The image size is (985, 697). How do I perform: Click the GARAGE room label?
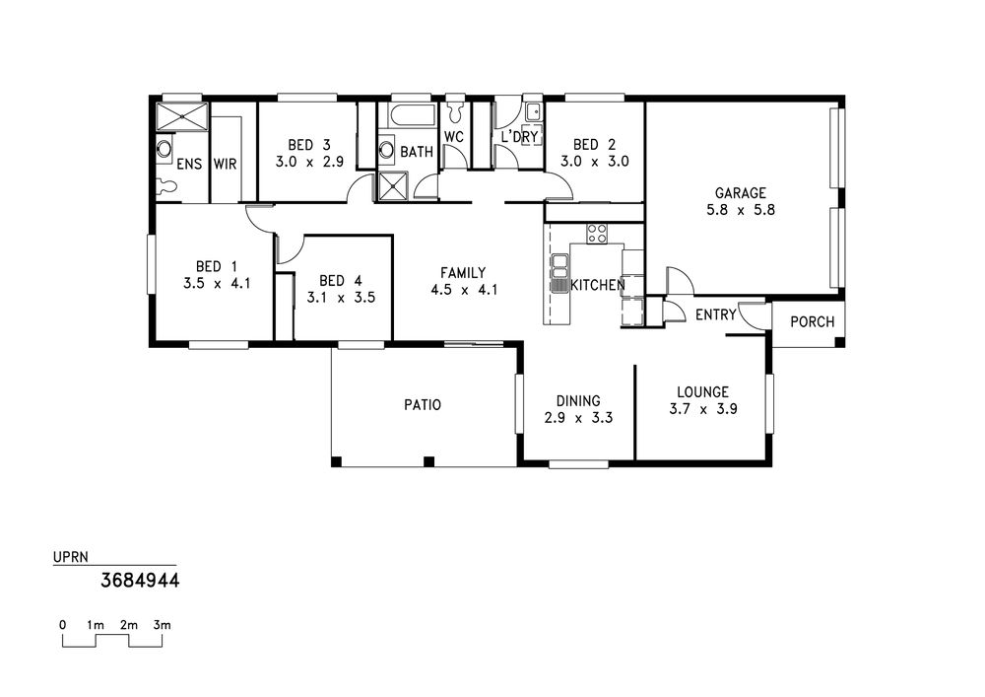pyautogui.click(x=741, y=193)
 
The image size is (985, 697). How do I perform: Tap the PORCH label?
pyautogui.click(x=813, y=321)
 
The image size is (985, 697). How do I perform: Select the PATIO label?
pyautogui.click(x=423, y=405)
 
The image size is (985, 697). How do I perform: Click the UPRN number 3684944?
pyautogui.click(x=140, y=580)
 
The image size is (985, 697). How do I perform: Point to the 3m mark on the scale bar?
pyautogui.click(x=163, y=625)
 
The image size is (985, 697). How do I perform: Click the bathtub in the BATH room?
pyautogui.click(x=412, y=115)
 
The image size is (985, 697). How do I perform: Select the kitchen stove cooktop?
pyautogui.click(x=597, y=234)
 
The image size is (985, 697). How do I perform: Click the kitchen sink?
pyautogui.click(x=559, y=273)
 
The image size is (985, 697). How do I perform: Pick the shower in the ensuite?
pyautogui.click(x=181, y=116)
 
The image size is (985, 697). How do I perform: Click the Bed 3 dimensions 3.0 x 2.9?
pyautogui.click(x=309, y=162)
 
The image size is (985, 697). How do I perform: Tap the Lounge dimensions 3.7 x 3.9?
pyautogui.click(x=703, y=409)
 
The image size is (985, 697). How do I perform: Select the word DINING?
pyautogui.click(x=578, y=401)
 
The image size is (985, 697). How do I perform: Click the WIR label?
pyautogui.click(x=225, y=164)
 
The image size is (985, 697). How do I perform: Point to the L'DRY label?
pyautogui.click(x=519, y=136)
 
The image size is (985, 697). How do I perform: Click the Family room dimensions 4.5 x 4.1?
pyautogui.click(x=464, y=290)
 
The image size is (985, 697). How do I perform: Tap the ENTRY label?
pyautogui.click(x=715, y=314)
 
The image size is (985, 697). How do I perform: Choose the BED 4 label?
pyautogui.click(x=341, y=280)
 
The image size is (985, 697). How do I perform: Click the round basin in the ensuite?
pyautogui.click(x=164, y=149)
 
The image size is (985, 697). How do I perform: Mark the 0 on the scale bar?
pyautogui.click(x=63, y=625)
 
